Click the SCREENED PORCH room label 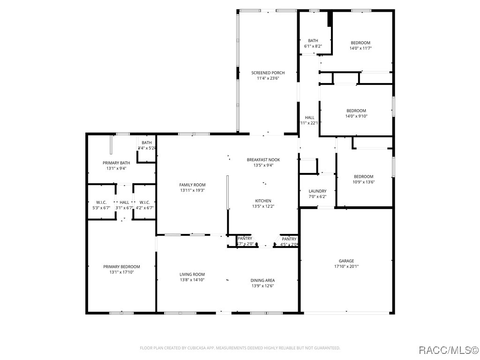(268, 73)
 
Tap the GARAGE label (346, 261)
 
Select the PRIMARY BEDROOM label (121, 267)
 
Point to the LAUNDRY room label (317, 191)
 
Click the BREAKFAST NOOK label (263, 160)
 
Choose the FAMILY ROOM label (192, 185)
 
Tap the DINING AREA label (262, 280)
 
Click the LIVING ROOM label (192, 275)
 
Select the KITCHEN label (263, 201)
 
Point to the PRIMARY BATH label (116, 163)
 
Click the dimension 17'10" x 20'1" (346, 267)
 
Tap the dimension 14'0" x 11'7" (360, 48)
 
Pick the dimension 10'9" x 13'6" (364, 182)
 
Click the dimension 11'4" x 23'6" (268, 78)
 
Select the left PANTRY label (245, 239)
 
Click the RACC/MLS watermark (448, 350)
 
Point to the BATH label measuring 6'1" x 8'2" (313, 41)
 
